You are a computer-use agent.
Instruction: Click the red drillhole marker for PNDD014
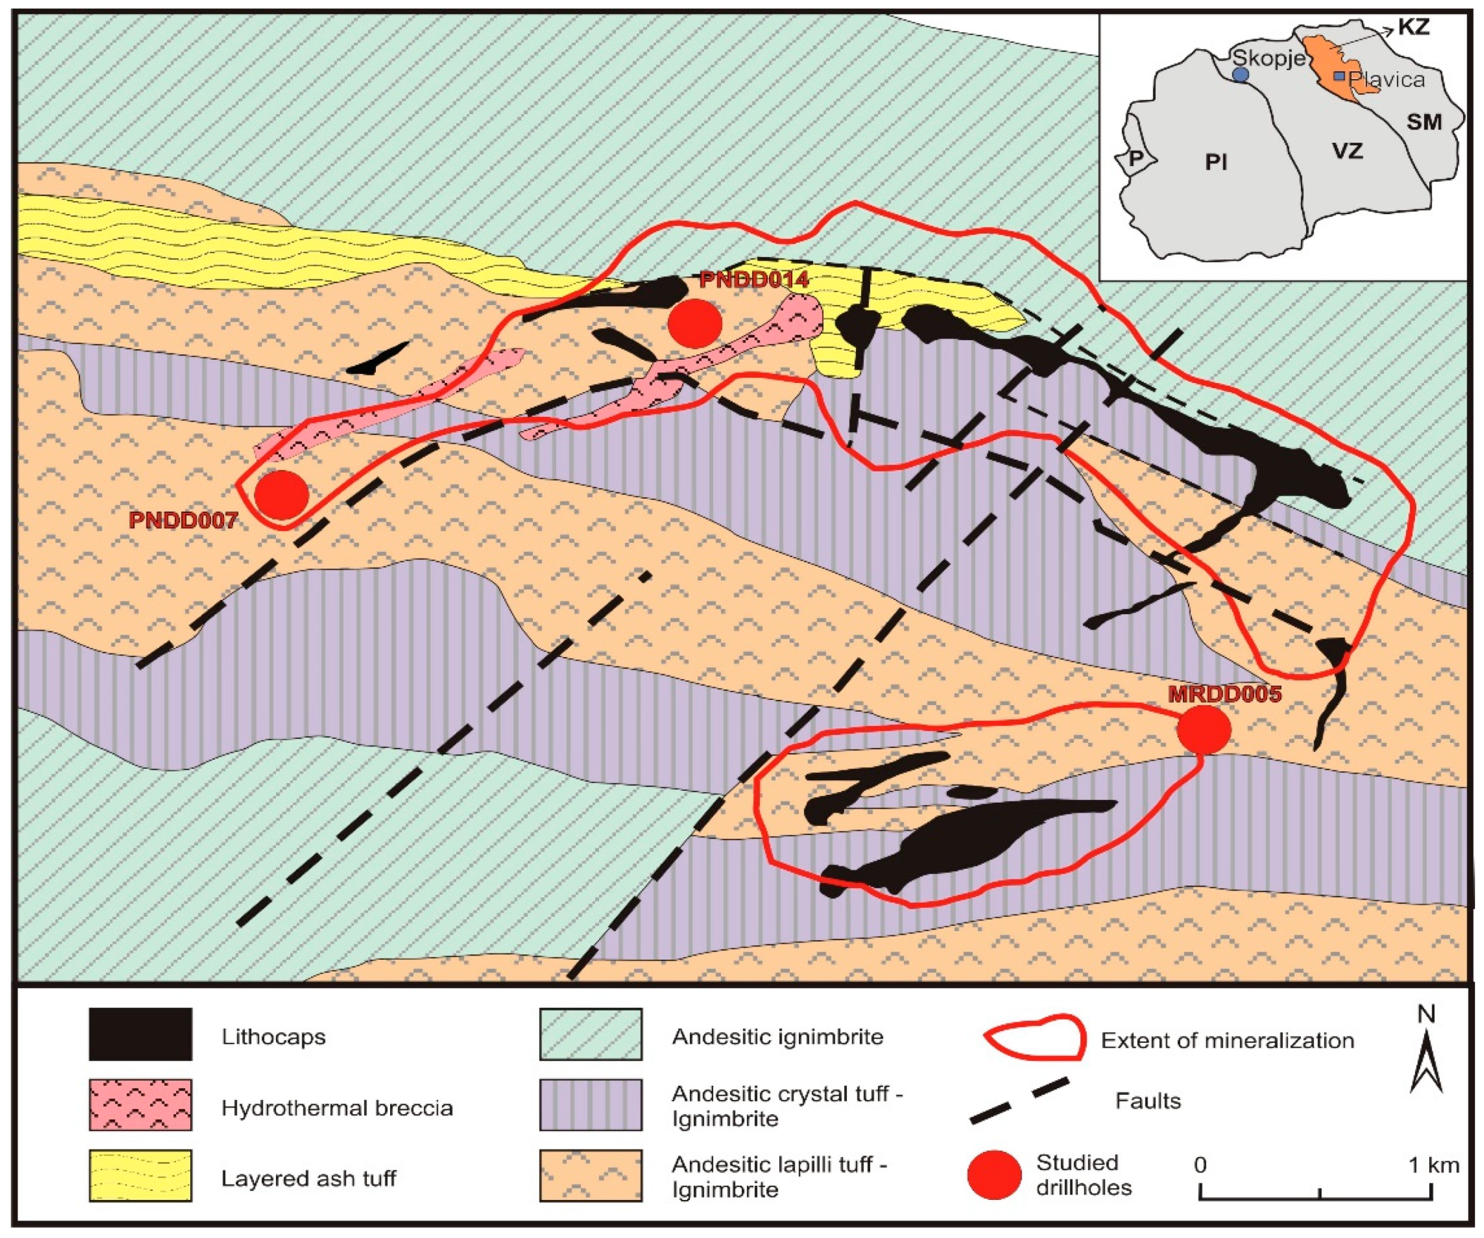point(695,323)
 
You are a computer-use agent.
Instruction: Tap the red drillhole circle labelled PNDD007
point(281,495)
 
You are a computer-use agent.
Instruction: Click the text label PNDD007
point(183,521)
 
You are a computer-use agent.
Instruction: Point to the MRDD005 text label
point(1225,694)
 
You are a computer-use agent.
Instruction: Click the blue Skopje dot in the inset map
point(1240,74)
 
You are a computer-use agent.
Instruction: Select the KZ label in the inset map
point(1414,27)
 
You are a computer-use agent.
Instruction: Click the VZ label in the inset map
point(1347,150)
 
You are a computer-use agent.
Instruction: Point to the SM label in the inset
point(1423,122)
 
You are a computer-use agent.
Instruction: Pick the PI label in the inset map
point(1216,162)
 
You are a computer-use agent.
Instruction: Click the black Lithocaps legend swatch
point(140,1034)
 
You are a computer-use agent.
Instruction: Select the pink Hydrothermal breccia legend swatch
point(140,1104)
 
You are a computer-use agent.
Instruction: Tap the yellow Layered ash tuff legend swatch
point(140,1175)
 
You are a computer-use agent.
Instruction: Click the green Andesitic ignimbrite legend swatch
point(591,1034)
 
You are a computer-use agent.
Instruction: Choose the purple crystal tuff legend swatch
point(591,1104)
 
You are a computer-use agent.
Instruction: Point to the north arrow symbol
point(1426,1060)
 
